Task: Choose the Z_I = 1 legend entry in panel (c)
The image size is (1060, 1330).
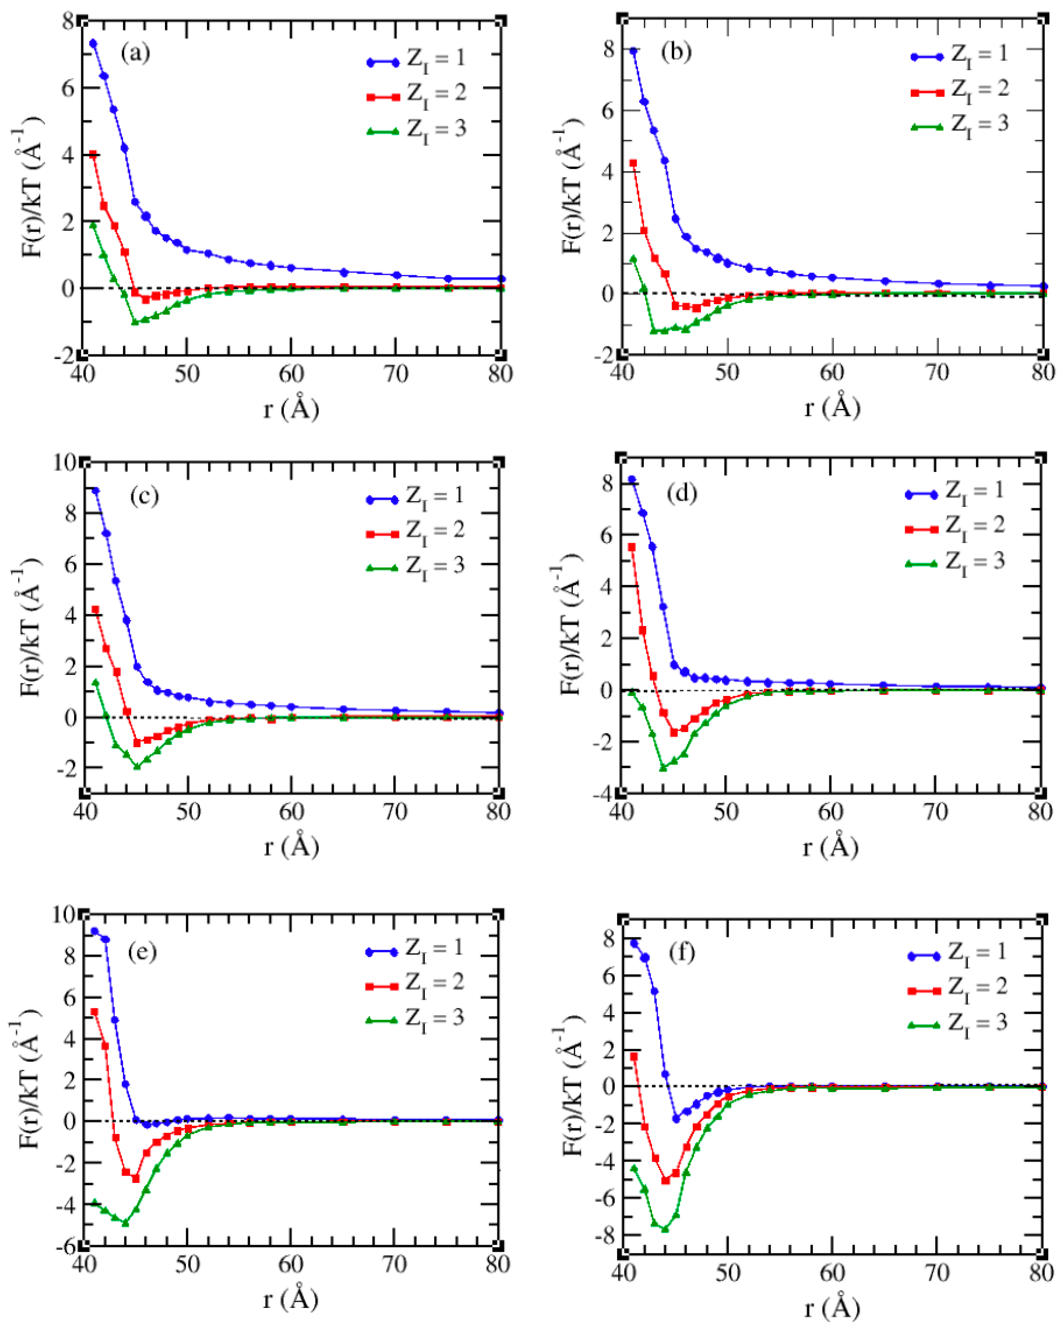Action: (x=415, y=497)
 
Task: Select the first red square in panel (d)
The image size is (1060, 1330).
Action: (x=632, y=547)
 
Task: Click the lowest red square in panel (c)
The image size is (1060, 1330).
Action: (x=137, y=743)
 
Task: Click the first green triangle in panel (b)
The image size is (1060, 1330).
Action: (x=633, y=259)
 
